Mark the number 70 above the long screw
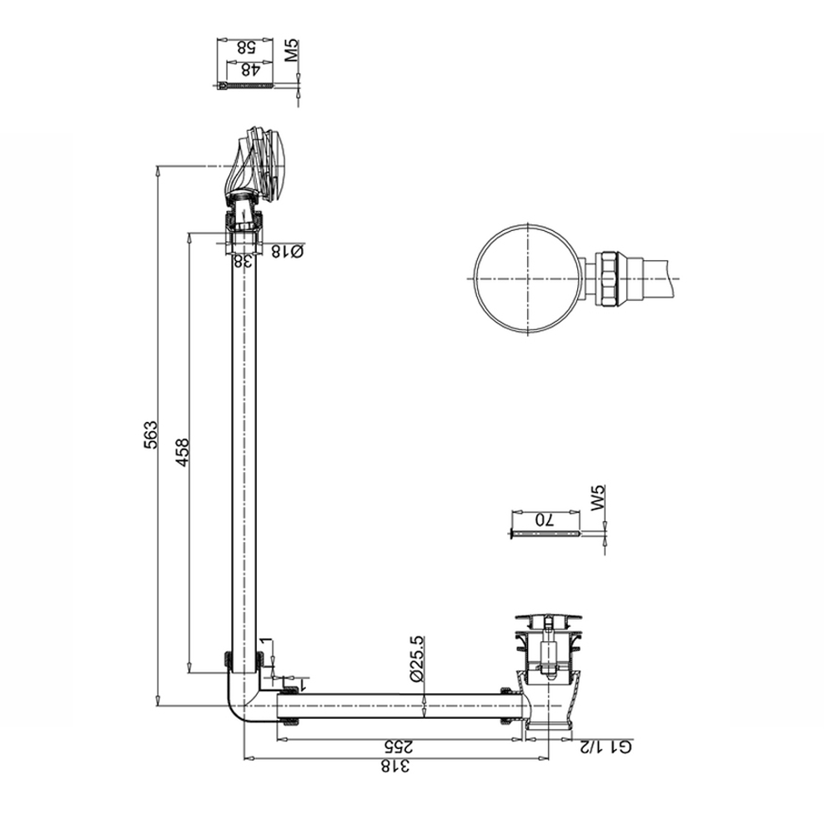(x=545, y=518)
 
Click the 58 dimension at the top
(x=248, y=48)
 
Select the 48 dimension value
(x=248, y=70)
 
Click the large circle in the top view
(x=528, y=279)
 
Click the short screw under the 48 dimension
(x=244, y=86)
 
